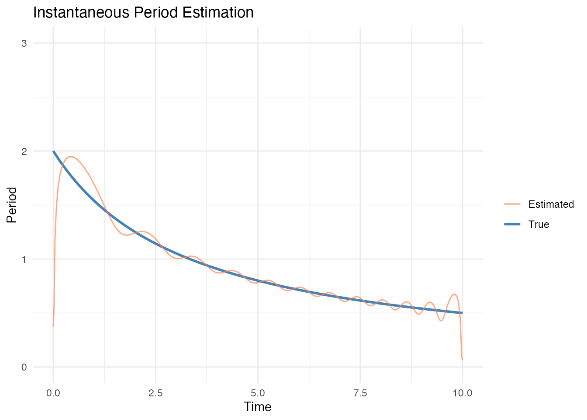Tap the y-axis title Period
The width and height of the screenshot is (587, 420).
coord(12,205)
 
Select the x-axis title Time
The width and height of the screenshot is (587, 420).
coord(258,407)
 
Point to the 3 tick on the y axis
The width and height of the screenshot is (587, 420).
coord(24,43)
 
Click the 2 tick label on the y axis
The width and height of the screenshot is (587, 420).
coord(24,151)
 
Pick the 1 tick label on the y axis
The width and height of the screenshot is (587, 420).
coord(24,259)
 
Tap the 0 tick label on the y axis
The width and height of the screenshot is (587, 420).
coord(24,367)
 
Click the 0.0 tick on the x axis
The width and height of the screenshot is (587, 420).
coord(53,393)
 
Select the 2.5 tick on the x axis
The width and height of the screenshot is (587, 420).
coord(155,393)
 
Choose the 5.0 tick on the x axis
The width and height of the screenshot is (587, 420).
coord(258,393)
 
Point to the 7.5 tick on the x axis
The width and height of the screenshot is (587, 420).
coord(360,393)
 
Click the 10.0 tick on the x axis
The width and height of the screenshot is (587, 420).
coord(462,393)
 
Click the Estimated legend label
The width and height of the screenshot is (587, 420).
coord(551,204)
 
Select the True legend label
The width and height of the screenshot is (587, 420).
coord(539,224)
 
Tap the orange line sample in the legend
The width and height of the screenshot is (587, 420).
coord(512,204)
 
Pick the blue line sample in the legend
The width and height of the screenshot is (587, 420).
coord(512,224)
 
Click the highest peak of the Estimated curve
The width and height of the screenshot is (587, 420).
coord(70,157)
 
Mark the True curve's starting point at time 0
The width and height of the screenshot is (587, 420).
coord(53,151)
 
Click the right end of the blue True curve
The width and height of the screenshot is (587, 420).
coord(462,313)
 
